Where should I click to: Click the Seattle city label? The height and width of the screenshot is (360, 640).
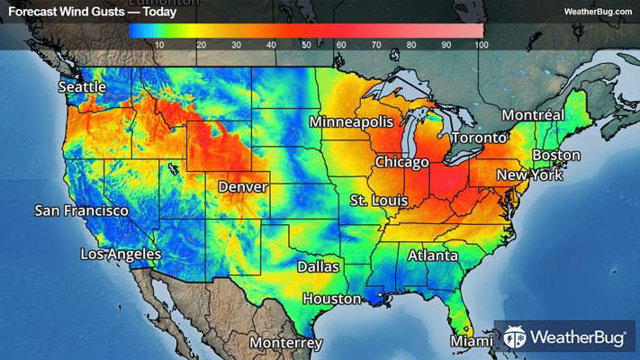82,87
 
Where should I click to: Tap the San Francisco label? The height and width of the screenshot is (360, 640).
81,211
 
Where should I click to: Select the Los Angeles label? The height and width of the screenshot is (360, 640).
121,255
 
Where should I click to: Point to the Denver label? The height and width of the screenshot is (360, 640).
242,186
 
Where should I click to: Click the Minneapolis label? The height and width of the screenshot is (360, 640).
352,121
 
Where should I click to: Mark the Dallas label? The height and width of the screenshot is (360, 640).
319,267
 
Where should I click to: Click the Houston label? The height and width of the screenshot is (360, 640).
331,299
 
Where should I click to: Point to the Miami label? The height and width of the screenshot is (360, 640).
472,342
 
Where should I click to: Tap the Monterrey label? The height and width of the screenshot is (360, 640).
285,344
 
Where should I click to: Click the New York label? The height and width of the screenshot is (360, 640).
523,175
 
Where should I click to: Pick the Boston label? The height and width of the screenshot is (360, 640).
556,156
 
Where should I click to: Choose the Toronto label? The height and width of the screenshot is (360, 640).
478,139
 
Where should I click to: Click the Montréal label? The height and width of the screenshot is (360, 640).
532,115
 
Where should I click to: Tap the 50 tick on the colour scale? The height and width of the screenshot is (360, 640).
306,44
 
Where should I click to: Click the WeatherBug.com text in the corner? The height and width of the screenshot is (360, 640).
597,11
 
